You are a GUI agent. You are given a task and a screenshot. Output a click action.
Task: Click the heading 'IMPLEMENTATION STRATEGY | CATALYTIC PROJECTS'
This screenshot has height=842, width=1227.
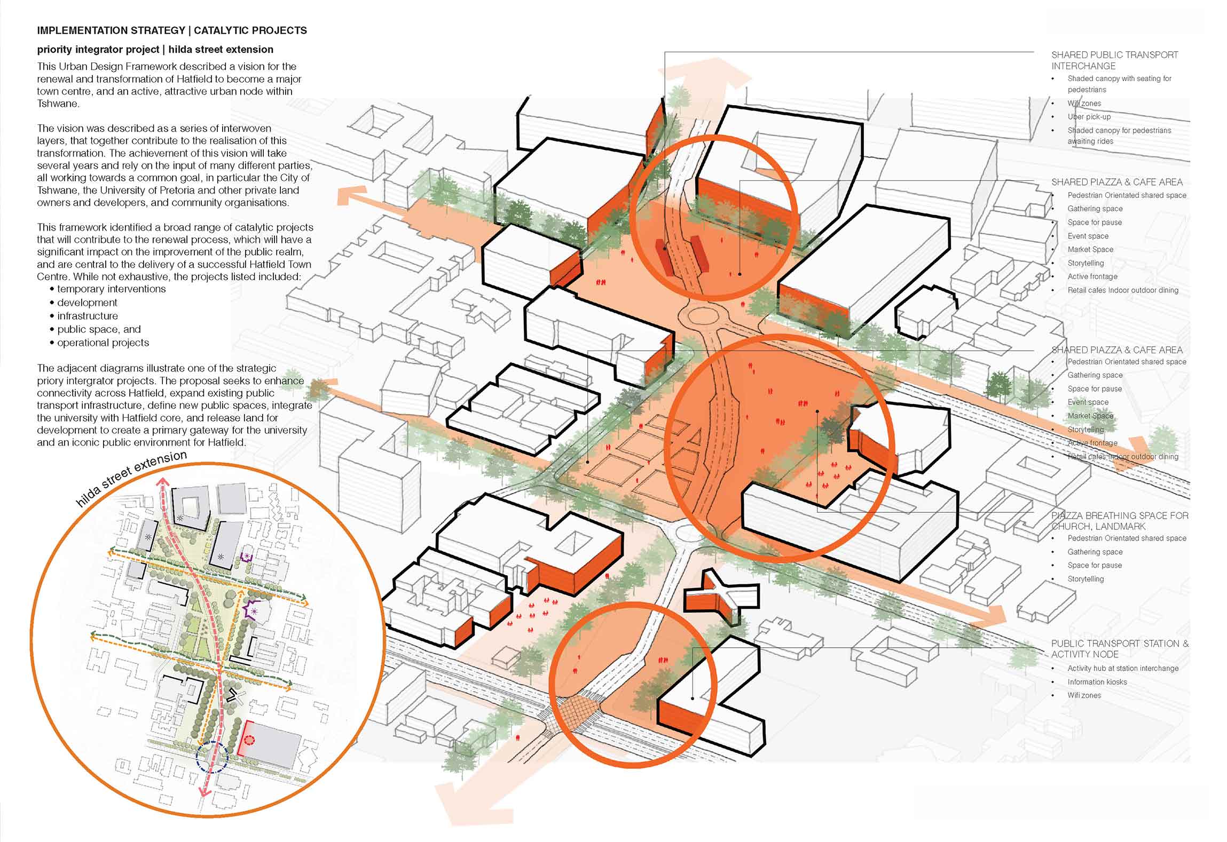pyautogui.click(x=172, y=30)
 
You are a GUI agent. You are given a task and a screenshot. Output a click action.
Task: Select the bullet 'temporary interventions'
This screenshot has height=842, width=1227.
pyautogui.click(x=111, y=289)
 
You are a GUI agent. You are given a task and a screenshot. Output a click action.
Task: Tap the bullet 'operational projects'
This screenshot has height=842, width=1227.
pyautogui.click(x=103, y=343)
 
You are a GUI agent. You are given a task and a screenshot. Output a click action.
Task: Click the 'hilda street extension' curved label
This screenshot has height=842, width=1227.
pyautogui.click(x=131, y=479)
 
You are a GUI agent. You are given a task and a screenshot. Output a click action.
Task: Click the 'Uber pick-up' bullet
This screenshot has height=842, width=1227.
pyautogui.click(x=1089, y=117)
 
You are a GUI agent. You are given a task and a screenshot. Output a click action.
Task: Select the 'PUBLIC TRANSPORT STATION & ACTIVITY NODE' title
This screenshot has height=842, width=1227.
pyautogui.click(x=1119, y=649)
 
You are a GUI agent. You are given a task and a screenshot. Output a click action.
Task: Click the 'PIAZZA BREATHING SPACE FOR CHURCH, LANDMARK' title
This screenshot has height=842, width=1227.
pyautogui.click(x=1119, y=521)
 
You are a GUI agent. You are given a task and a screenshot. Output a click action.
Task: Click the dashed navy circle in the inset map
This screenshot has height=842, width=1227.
pyautogui.click(x=212, y=756)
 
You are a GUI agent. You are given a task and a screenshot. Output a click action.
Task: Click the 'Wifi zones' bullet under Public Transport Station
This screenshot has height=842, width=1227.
pyautogui.click(x=1084, y=695)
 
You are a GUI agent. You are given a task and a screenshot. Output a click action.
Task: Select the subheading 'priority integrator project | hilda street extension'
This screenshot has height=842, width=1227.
pyautogui.click(x=155, y=50)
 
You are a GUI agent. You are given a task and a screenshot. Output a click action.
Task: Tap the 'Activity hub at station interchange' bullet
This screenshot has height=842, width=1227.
pyautogui.click(x=1122, y=668)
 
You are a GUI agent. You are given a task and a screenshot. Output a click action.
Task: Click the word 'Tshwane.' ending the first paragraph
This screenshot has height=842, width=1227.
pyautogui.click(x=58, y=104)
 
